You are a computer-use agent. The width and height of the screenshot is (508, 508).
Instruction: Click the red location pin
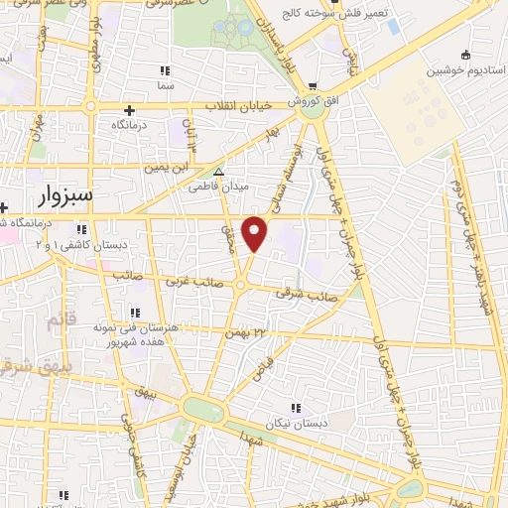tap(255, 233)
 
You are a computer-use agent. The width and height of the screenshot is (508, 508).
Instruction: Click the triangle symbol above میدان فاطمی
tap(219, 171)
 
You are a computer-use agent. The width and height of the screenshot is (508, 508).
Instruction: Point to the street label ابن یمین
tap(168, 170)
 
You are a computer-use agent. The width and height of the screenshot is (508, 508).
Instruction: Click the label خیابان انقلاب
tap(230, 106)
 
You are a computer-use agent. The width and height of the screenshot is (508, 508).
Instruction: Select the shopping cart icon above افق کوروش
tap(314, 86)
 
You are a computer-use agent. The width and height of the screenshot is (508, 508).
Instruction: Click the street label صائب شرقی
tap(317, 296)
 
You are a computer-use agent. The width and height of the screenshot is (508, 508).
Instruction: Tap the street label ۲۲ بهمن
tap(247, 332)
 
